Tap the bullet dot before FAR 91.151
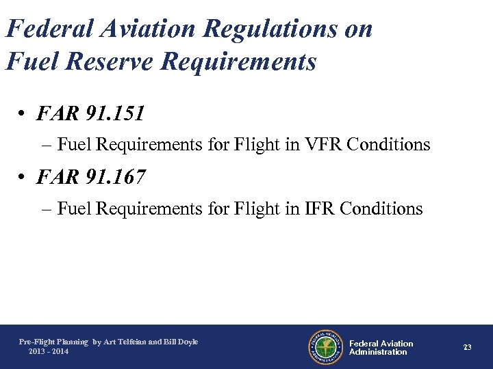coord(23,114)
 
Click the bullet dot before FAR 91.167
coord(23,178)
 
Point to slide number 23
coord(467,347)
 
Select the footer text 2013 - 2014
coord(49,351)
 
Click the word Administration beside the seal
coord(378,352)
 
